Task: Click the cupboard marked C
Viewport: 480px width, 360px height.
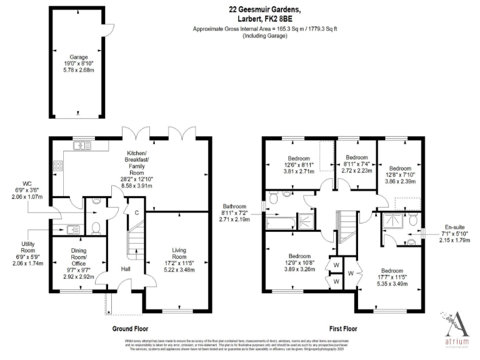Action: (136, 212)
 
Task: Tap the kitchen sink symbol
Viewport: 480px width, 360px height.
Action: (82, 146)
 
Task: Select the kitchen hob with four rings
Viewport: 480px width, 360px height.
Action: (58, 166)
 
